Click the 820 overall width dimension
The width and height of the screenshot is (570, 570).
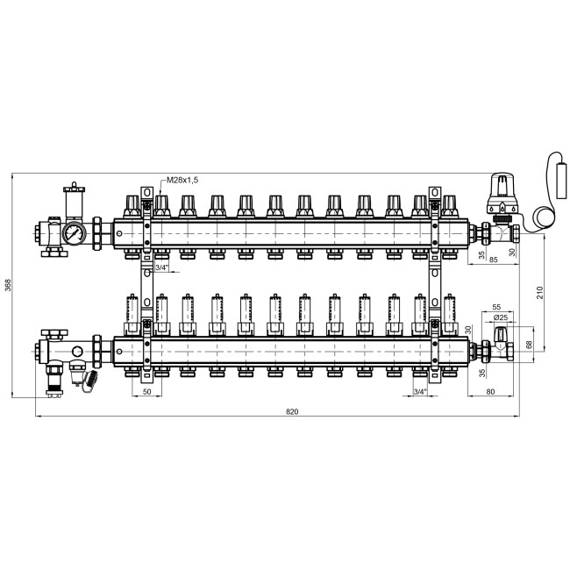click(292, 411)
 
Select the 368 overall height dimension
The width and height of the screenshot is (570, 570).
click(8, 285)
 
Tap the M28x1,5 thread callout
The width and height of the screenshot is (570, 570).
click(182, 180)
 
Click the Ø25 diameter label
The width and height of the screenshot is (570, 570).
click(501, 317)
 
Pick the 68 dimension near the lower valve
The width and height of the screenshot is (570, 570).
click(530, 345)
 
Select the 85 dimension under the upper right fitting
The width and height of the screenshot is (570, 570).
click(494, 260)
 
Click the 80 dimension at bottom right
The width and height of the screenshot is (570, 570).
click(490, 391)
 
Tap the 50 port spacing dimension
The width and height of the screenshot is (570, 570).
click(146, 391)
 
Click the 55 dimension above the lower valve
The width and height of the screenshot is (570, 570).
click(496, 307)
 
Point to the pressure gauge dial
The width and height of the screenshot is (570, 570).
click(75, 233)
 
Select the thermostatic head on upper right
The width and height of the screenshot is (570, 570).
click(502, 195)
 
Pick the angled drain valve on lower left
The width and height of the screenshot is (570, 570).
click(89, 381)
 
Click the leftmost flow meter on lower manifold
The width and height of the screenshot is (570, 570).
click(132, 315)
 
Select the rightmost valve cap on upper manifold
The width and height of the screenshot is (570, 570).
click(449, 206)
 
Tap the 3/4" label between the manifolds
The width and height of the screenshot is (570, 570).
click(161, 268)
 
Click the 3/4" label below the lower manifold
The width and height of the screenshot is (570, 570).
click(420, 391)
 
